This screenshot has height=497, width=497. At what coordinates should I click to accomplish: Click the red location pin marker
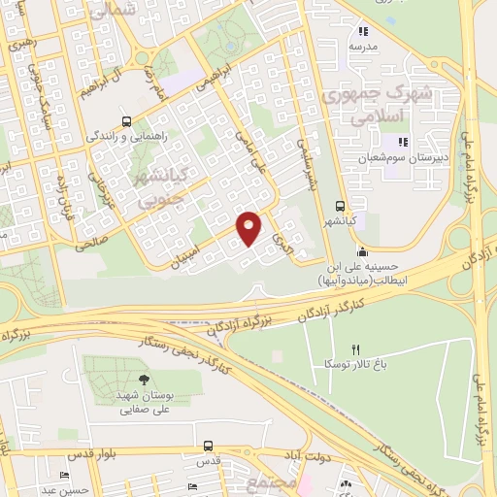point(249,228)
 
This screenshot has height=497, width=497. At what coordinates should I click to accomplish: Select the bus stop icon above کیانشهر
point(339,206)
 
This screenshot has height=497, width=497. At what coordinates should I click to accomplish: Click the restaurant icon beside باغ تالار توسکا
point(356,349)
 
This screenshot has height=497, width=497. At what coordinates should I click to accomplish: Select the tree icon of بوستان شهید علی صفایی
point(145,381)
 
